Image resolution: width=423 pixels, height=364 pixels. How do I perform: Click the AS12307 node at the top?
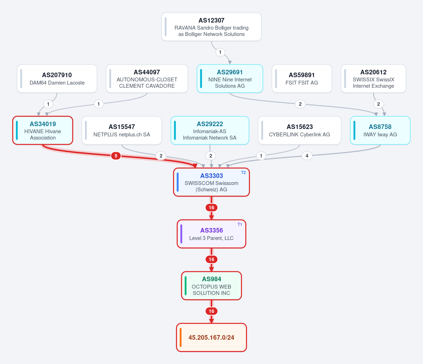211,27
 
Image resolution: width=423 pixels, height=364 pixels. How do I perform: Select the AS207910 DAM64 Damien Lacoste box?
57,79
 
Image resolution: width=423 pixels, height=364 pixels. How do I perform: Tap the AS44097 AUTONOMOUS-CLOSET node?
147,79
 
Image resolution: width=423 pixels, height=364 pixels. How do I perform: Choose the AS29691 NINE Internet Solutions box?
230,79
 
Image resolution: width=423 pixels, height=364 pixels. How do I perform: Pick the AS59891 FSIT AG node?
302,79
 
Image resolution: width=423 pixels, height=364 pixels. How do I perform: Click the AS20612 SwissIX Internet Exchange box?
374,79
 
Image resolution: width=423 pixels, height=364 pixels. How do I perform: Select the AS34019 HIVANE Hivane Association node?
43,130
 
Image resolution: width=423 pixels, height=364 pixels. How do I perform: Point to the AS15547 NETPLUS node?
122,130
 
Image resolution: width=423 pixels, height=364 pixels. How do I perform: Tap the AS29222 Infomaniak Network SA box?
210,130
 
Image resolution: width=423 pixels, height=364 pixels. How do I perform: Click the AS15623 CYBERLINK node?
300,130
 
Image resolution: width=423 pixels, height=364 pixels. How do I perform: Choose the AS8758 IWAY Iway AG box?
380,130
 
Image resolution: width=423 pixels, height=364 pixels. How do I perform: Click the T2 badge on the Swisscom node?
243,173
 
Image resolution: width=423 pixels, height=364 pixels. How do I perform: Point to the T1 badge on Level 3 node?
240,224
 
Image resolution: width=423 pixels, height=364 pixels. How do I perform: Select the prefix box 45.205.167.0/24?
211,338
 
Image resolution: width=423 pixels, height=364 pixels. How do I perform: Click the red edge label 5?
116,156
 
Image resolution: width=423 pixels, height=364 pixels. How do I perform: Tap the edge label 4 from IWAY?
307,156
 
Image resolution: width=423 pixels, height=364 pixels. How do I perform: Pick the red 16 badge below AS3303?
211,208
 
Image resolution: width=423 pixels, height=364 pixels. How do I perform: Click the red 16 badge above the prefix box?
211,311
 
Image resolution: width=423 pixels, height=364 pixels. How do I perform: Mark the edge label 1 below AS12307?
220,53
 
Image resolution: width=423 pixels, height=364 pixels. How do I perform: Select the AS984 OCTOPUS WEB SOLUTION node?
211,286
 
